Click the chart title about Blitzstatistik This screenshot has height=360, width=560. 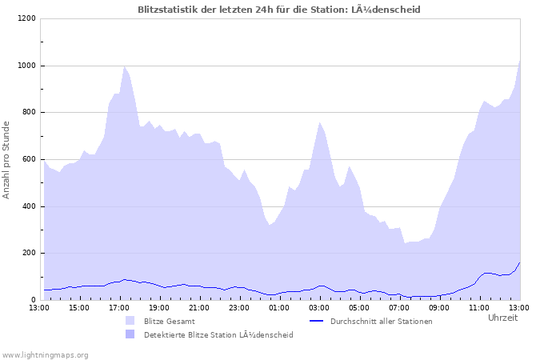tap(279, 9)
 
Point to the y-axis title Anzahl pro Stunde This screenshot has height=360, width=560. tap(6, 159)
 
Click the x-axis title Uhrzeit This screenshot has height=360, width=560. tap(502, 318)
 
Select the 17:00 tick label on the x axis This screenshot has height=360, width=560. tap(119, 307)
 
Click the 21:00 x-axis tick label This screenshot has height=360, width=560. tap(199, 307)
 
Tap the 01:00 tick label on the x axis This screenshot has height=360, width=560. tap(279, 307)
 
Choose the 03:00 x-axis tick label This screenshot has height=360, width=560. tap(319, 307)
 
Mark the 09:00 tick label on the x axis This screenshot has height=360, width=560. tap(439, 307)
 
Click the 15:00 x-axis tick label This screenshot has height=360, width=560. tap(79, 307)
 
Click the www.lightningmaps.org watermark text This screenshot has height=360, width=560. tap(45, 354)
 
